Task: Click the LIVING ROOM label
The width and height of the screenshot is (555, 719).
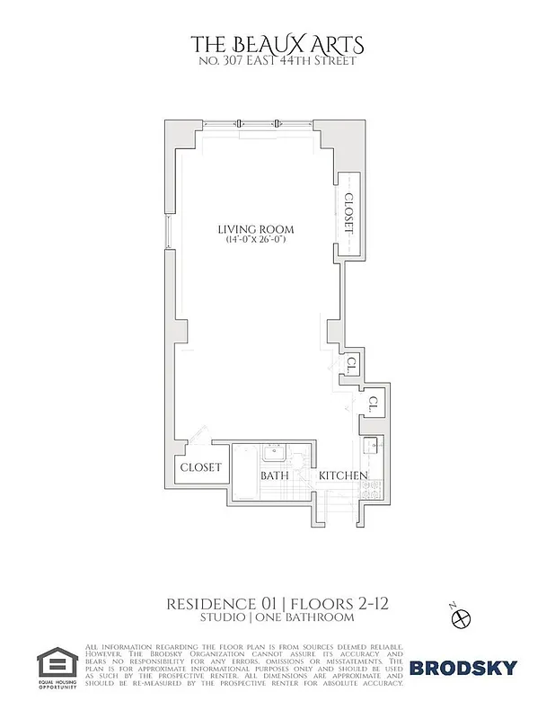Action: pyautogui.click(x=256, y=229)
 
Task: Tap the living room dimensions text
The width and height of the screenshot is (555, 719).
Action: pyautogui.click(x=256, y=240)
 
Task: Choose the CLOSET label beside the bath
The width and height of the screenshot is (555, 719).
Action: pyautogui.click(x=200, y=467)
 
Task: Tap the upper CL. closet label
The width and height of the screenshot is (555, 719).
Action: pyautogui.click(x=353, y=364)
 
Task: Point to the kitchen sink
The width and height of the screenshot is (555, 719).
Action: pyautogui.click(x=368, y=445)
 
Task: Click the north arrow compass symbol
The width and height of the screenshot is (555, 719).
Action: pyautogui.click(x=462, y=618)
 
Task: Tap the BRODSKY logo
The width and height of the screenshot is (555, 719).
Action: pyautogui.click(x=463, y=667)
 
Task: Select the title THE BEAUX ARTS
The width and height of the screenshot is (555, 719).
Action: pyautogui.click(x=277, y=43)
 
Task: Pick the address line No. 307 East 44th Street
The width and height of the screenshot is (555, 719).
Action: pyautogui.click(x=277, y=61)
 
